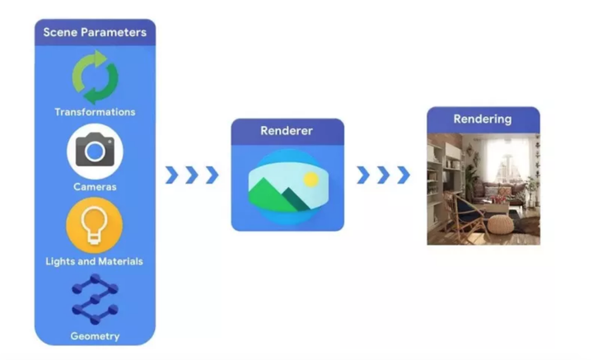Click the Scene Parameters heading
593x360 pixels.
tap(95, 33)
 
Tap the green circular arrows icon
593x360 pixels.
tap(95, 77)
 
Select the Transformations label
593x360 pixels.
tap(95, 112)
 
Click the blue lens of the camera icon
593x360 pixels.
tap(96, 152)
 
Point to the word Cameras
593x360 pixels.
tap(95, 187)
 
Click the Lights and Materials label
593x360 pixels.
tap(95, 261)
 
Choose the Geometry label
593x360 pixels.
tap(95, 336)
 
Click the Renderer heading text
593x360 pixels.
tap(287, 131)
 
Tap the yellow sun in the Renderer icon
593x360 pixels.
tap(311, 178)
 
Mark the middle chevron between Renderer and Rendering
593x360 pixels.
tap(383, 175)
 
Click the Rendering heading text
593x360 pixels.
tap(483, 119)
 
